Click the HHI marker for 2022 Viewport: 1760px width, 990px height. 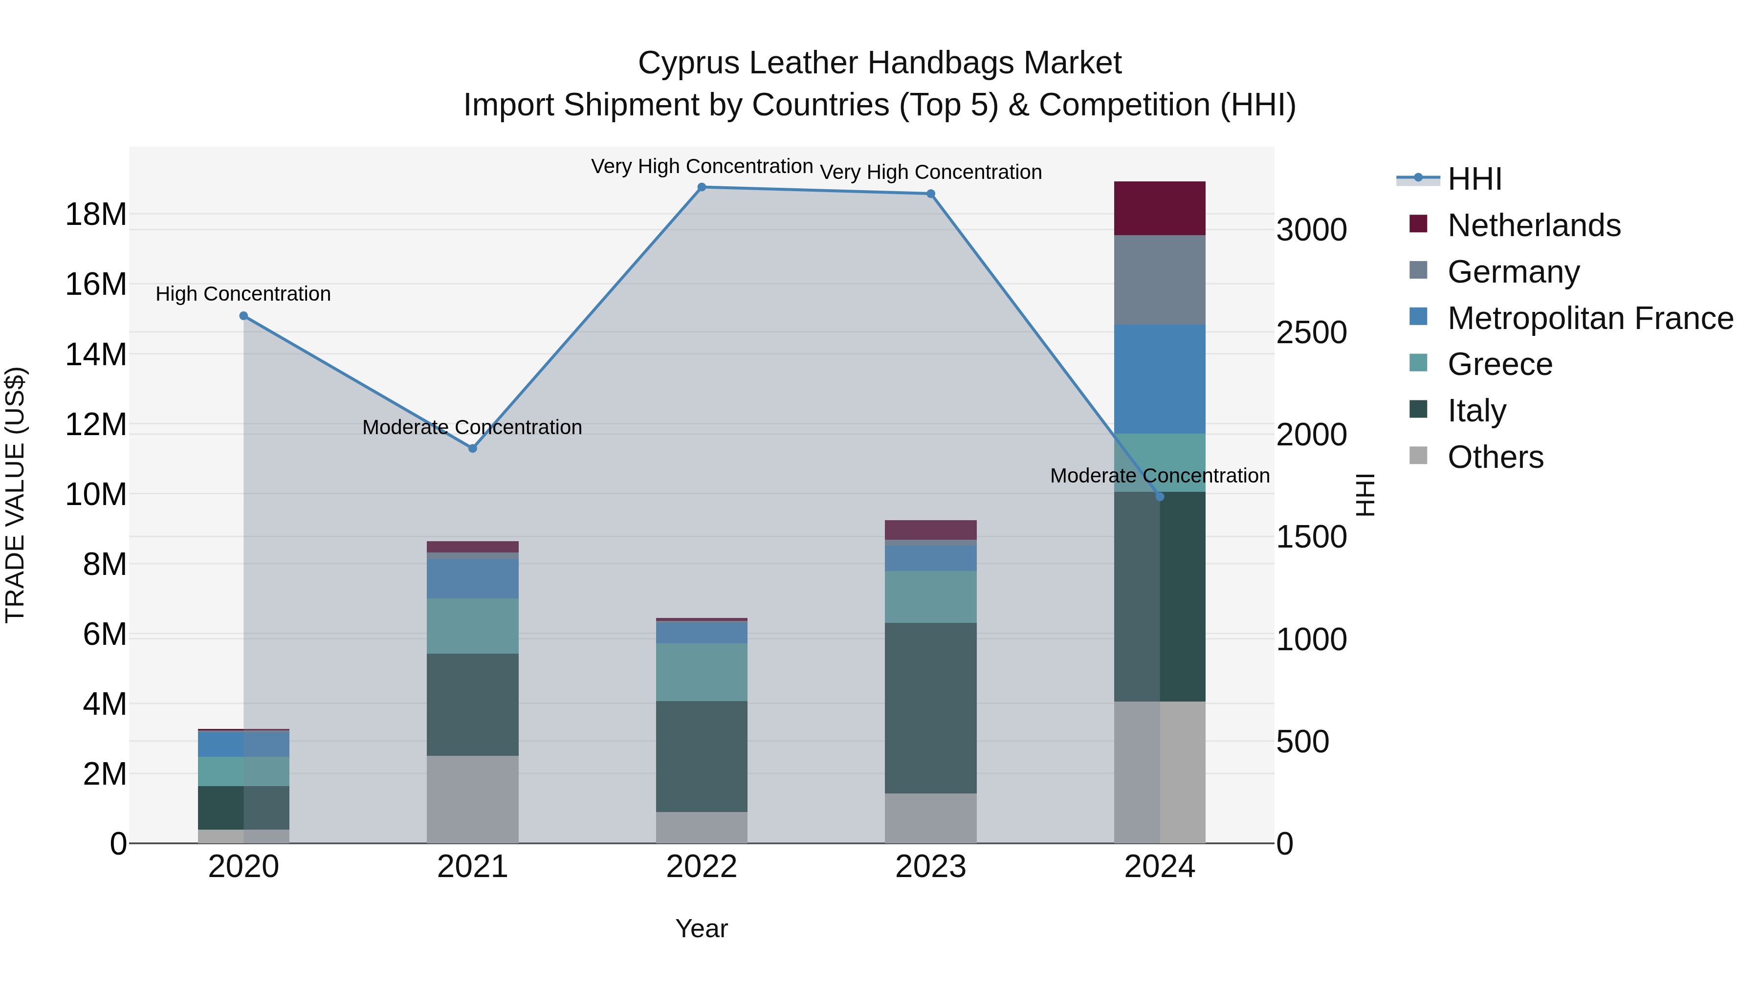coord(702,187)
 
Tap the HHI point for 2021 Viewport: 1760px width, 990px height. coord(472,448)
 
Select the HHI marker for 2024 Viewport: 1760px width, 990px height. coord(1160,497)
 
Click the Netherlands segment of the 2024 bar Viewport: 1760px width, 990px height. coord(1160,208)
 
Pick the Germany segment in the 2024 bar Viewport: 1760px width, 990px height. coord(1160,280)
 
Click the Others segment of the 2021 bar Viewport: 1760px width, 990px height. coord(472,799)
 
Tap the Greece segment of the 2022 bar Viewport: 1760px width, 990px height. coord(702,672)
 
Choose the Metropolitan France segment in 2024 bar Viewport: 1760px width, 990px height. coord(1160,379)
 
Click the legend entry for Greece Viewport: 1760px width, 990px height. coord(1500,364)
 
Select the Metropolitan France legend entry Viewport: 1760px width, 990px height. coord(1589,318)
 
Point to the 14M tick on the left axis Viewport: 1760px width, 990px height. coord(96,354)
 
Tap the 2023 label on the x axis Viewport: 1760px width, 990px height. coord(930,867)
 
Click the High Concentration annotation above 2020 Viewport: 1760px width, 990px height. coord(243,294)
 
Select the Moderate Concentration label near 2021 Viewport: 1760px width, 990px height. coord(472,427)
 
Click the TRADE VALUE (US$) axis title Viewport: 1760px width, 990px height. coord(15,495)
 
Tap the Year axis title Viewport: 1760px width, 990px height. coord(702,928)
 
